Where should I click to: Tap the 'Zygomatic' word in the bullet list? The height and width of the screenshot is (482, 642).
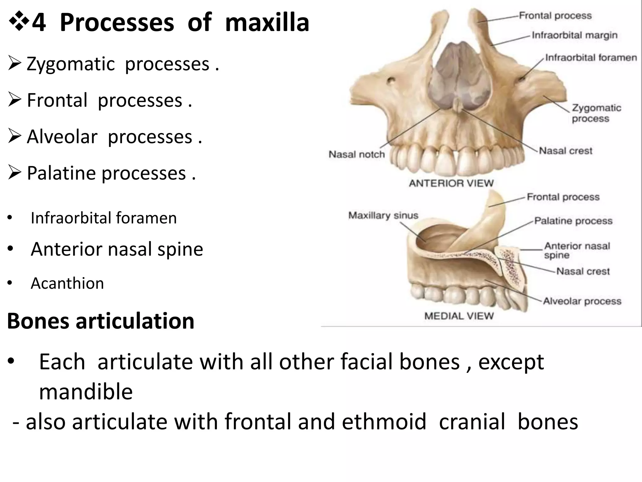click(71, 64)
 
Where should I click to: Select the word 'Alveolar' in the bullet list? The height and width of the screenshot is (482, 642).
click(62, 137)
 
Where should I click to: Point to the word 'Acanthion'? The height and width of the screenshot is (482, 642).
click(67, 283)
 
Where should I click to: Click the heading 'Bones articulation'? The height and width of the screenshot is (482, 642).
click(101, 321)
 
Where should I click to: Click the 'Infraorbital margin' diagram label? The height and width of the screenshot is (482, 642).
click(575, 35)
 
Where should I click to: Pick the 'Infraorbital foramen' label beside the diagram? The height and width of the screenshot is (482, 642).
click(591, 58)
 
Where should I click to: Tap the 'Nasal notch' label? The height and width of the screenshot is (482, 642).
click(356, 154)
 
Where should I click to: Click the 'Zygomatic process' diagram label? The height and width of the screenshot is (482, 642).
click(596, 113)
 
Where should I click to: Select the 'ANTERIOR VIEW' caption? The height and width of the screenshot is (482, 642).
click(451, 183)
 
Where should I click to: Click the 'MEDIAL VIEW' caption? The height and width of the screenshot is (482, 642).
click(459, 316)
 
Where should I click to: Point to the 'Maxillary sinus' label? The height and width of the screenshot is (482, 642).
click(383, 216)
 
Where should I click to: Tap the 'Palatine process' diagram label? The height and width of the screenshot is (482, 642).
click(573, 221)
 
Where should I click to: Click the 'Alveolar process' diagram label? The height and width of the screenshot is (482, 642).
click(582, 301)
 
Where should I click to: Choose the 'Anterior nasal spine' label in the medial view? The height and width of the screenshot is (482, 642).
click(577, 250)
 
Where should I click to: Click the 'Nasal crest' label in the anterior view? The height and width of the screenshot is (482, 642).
click(566, 151)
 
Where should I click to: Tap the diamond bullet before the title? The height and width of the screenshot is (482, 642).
click(19, 23)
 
